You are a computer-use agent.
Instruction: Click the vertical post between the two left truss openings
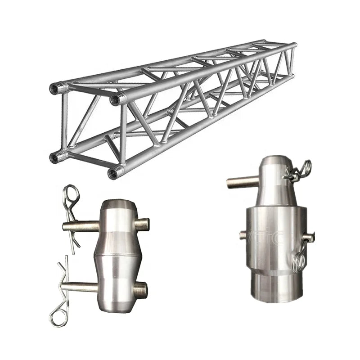pyautogui.click(x=65, y=121)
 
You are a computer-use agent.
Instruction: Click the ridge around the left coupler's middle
pyautogui.click(x=118, y=255)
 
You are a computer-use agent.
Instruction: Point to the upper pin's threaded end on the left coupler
pyautogui.click(x=143, y=223)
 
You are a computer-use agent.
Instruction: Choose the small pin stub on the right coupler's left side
pyautogui.click(x=243, y=235)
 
